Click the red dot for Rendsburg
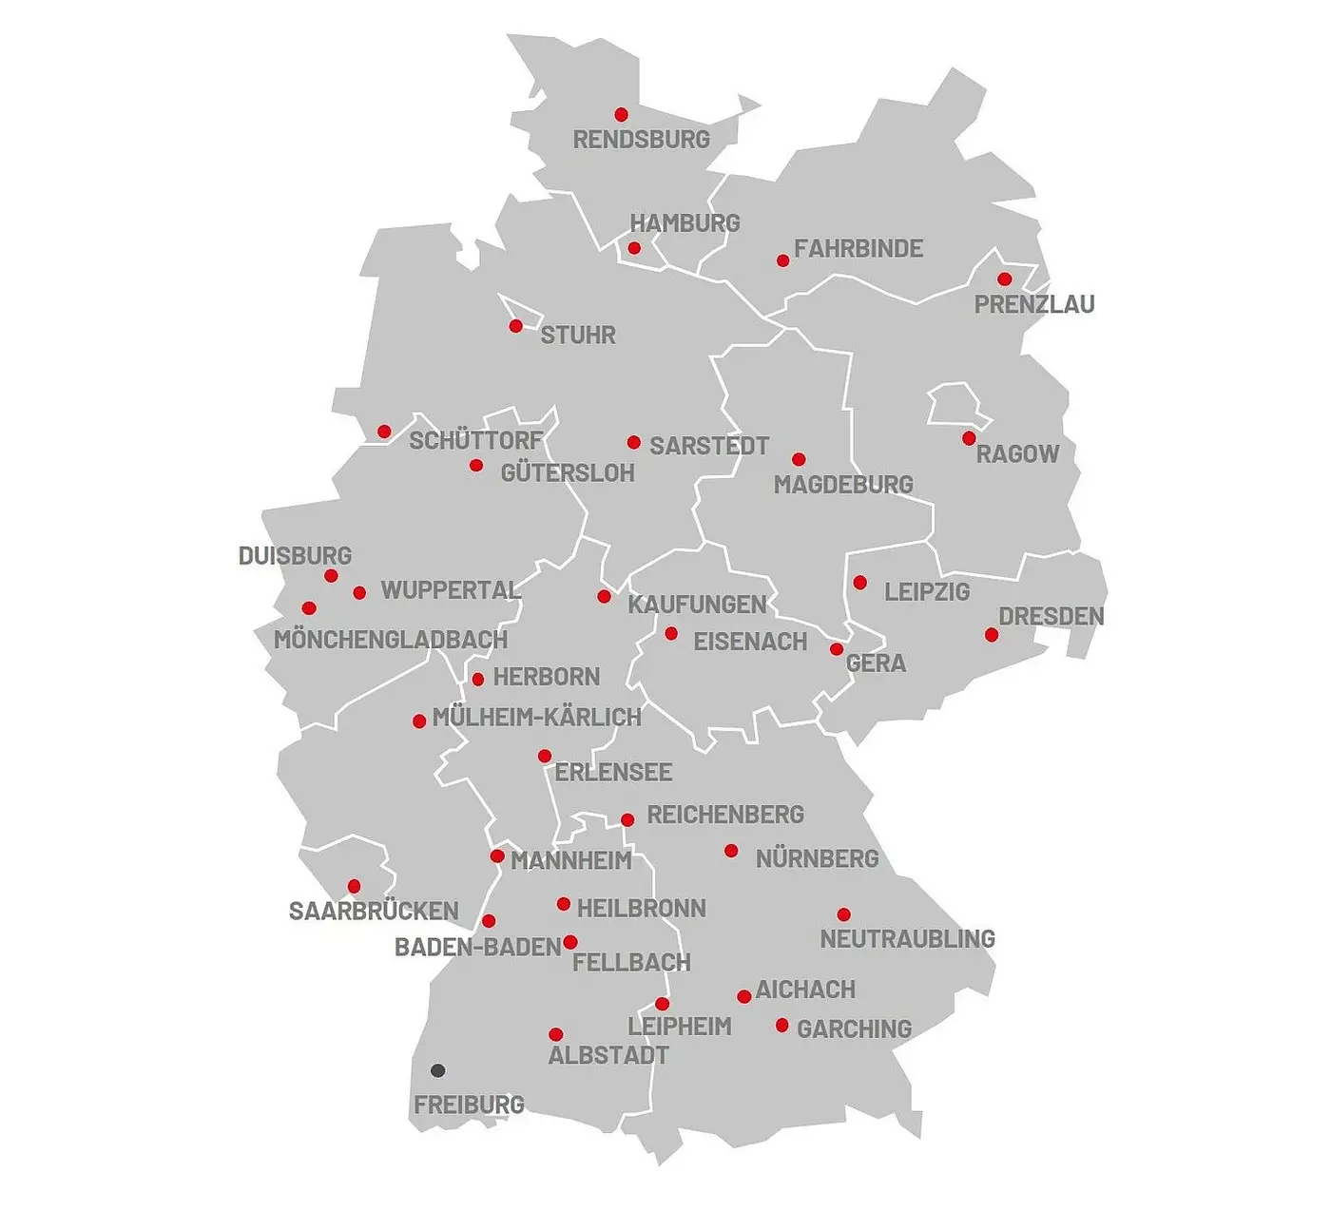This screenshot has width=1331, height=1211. click(621, 115)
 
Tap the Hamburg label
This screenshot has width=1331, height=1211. click(685, 223)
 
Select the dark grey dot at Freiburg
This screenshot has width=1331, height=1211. click(437, 1070)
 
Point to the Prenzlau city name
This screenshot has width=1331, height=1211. click(1034, 305)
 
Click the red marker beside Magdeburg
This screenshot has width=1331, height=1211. click(799, 460)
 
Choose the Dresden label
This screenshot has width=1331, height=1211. click(1051, 617)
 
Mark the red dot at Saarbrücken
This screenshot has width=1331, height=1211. click(354, 886)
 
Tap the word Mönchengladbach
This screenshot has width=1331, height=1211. click(391, 640)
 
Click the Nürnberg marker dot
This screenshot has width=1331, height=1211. click(731, 851)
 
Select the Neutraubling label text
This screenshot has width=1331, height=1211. click(907, 939)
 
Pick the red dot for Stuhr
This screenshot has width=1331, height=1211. click(516, 326)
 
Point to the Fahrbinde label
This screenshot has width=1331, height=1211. click(858, 249)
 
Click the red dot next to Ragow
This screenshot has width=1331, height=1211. click(969, 438)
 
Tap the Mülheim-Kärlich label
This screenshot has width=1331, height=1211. click(536, 718)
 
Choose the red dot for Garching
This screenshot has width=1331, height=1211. click(781, 1026)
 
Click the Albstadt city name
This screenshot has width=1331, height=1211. click(608, 1055)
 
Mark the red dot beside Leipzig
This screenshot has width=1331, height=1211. click(859, 583)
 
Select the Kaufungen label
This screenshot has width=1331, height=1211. click(697, 605)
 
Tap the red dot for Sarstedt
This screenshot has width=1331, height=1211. click(634, 442)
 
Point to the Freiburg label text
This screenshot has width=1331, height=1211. click(469, 1105)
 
